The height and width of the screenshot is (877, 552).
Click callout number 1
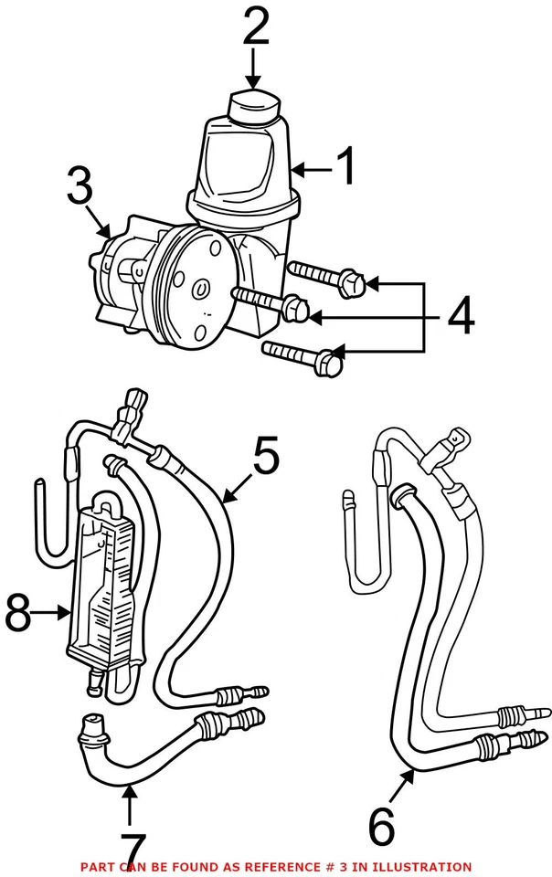(x=345, y=168)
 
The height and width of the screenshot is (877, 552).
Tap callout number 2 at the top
(x=255, y=28)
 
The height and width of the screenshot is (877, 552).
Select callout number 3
(x=80, y=190)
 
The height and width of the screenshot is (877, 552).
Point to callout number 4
(x=460, y=317)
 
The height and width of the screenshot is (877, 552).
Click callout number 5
(x=266, y=458)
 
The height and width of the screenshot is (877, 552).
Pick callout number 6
(x=382, y=827)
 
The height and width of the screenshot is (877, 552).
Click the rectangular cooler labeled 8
(x=105, y=585)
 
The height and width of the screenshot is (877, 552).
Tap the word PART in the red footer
(x=96, y=866)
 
